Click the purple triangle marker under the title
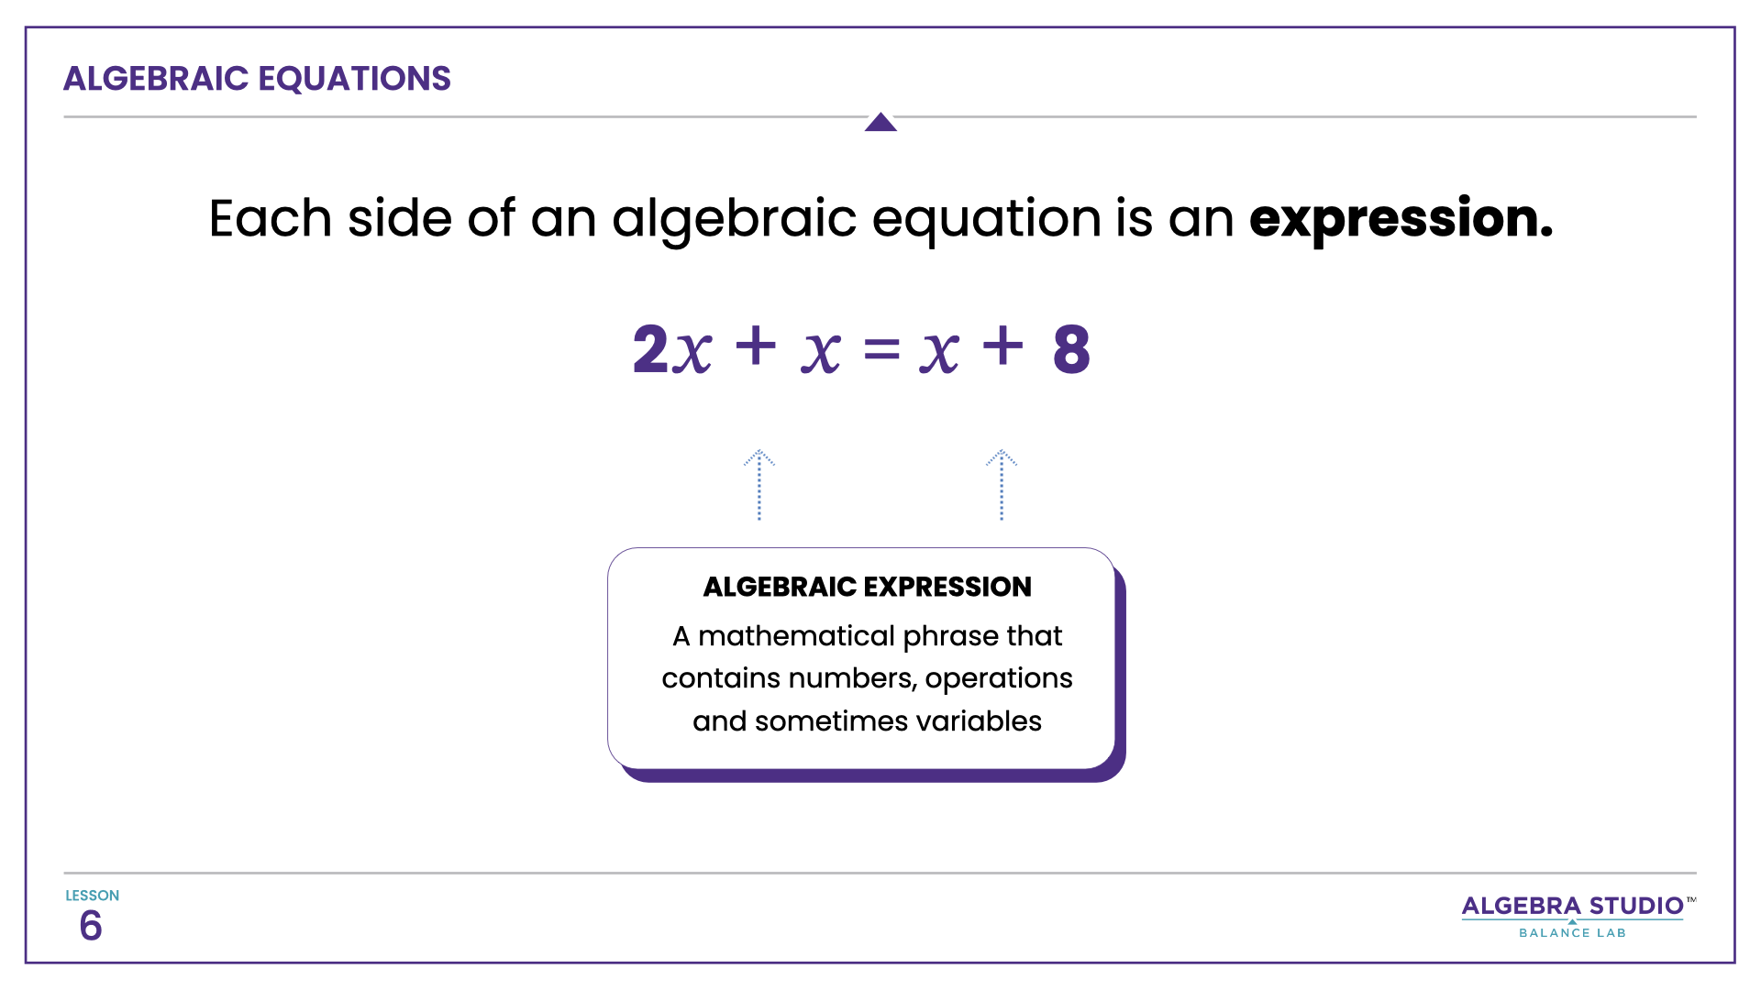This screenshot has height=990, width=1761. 880,122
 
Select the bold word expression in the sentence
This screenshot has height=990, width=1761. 1401,219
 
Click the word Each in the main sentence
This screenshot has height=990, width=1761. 270,219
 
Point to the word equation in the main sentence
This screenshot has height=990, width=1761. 986,219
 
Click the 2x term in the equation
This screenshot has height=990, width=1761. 671,349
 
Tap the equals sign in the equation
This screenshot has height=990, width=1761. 881,349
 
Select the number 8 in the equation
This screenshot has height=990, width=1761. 1071,349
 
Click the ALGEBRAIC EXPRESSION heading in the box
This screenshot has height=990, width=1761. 867,587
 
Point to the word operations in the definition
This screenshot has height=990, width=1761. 999,678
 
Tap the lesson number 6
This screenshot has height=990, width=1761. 91,926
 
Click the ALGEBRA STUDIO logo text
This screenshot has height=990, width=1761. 1572,906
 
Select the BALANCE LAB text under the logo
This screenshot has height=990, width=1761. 1572,933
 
